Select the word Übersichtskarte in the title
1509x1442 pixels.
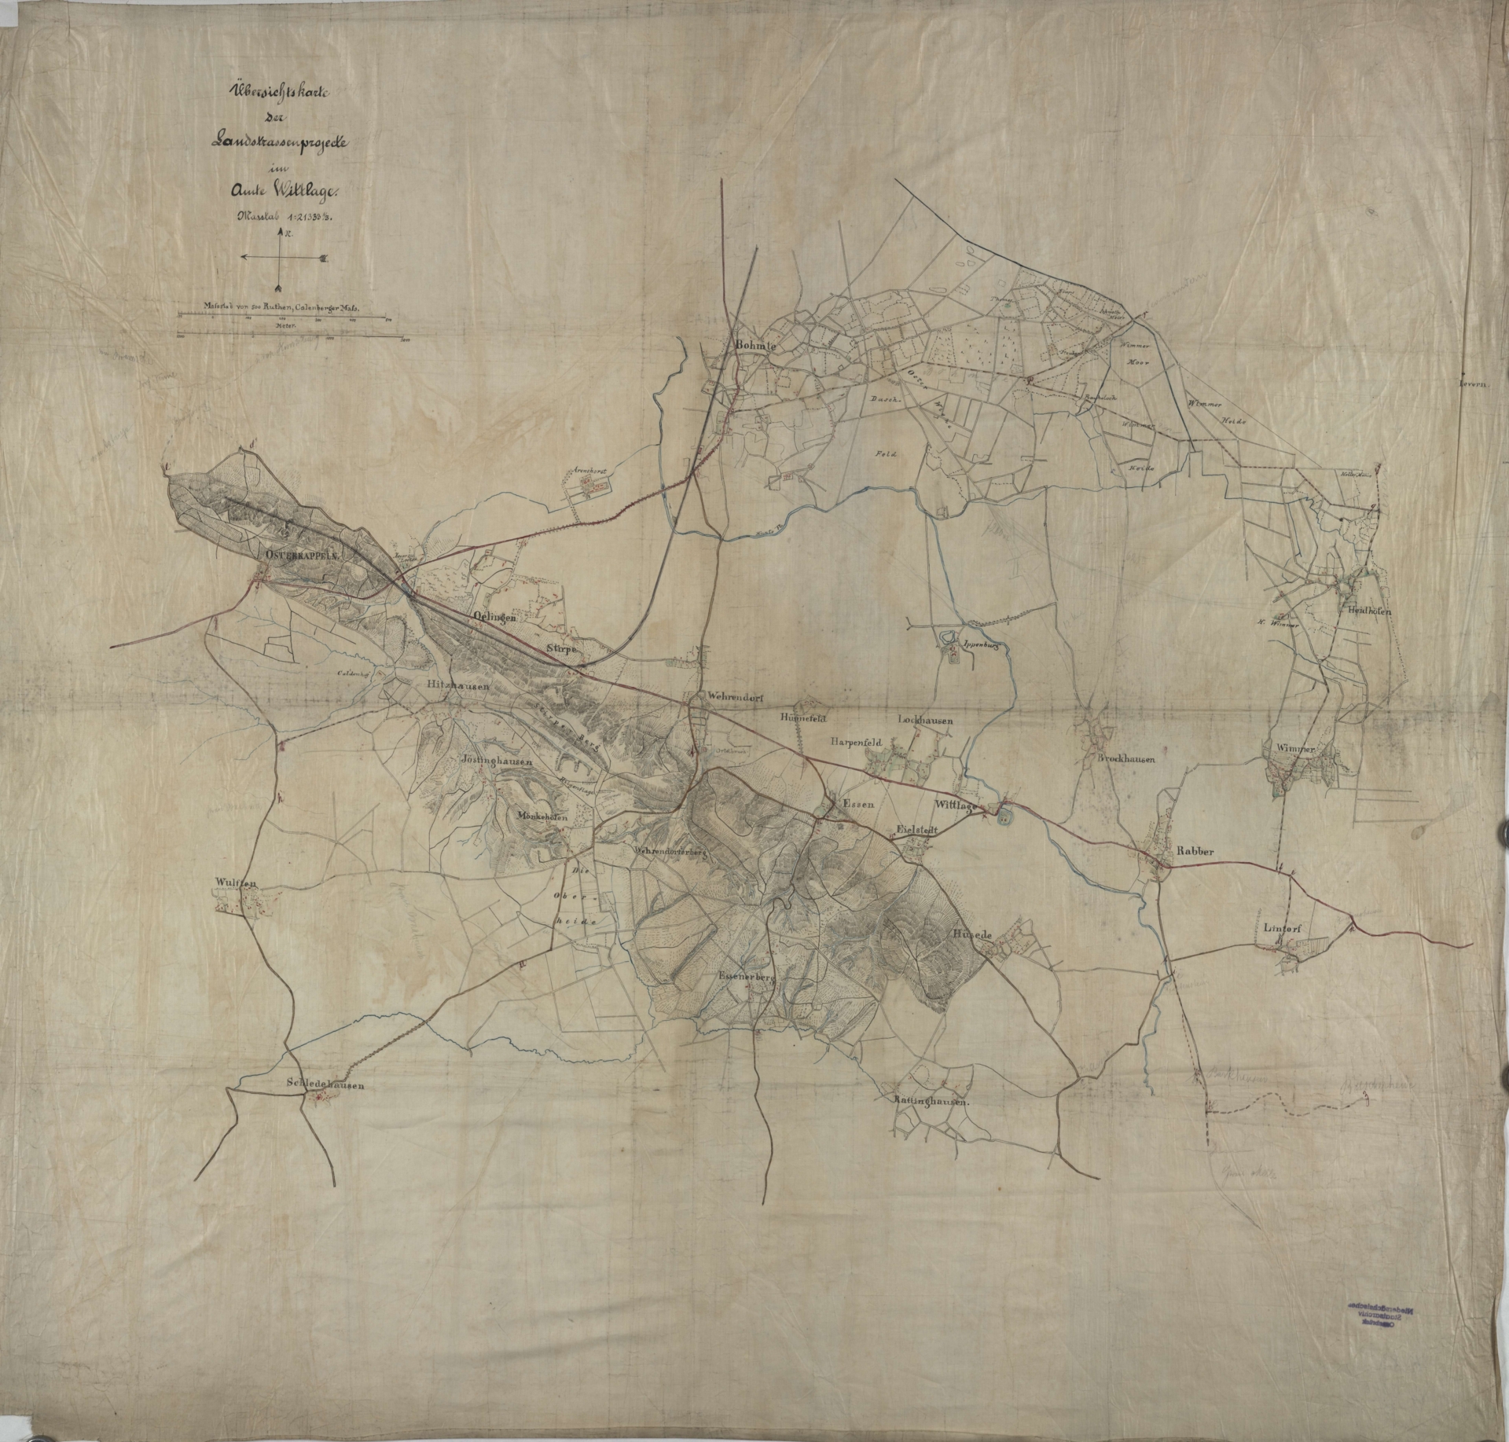click(x=276, y=92)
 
